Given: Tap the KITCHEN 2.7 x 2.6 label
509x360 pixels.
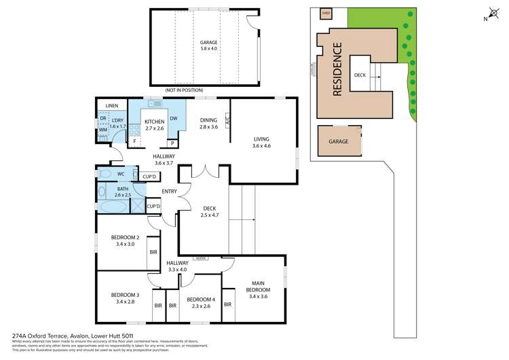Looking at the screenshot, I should point(155,124).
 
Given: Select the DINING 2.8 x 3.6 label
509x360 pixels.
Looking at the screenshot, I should point(208,124).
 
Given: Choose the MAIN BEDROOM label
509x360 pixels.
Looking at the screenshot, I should point(259,288).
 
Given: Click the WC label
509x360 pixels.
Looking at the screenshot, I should point(121,174).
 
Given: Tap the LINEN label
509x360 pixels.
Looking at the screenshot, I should point(111,106).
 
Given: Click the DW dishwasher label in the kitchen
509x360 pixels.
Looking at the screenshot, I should point(174,118).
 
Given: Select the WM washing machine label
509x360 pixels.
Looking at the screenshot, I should point(103,129).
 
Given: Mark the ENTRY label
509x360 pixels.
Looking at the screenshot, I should point(170,192).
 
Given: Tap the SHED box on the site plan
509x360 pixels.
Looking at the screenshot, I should point(325,12).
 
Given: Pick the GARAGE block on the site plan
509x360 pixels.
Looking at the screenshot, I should point(339,141).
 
